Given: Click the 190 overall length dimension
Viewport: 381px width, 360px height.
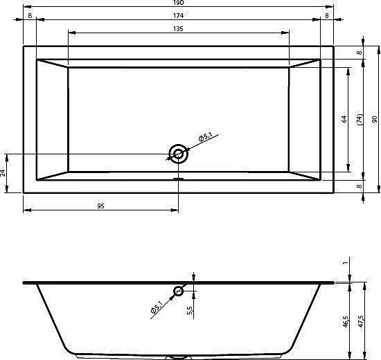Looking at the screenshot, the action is [x=178, y=3].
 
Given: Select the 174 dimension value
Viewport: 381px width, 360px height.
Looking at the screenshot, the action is [x=178, y=15].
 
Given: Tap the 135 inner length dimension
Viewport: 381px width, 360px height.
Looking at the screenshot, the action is [x=178, y=28].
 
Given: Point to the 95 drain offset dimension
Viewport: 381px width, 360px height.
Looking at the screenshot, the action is [x=100, y=206].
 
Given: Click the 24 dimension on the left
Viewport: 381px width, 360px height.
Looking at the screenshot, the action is [x=3, y=173].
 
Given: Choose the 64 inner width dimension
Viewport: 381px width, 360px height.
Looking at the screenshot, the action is [x=344, y=119].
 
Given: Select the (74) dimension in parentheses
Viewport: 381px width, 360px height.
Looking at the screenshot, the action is [x=360, y=120].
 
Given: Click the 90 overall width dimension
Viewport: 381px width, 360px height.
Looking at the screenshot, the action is [x=375, y=119].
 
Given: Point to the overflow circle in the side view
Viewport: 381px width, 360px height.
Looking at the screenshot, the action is [x=178, y=287].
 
